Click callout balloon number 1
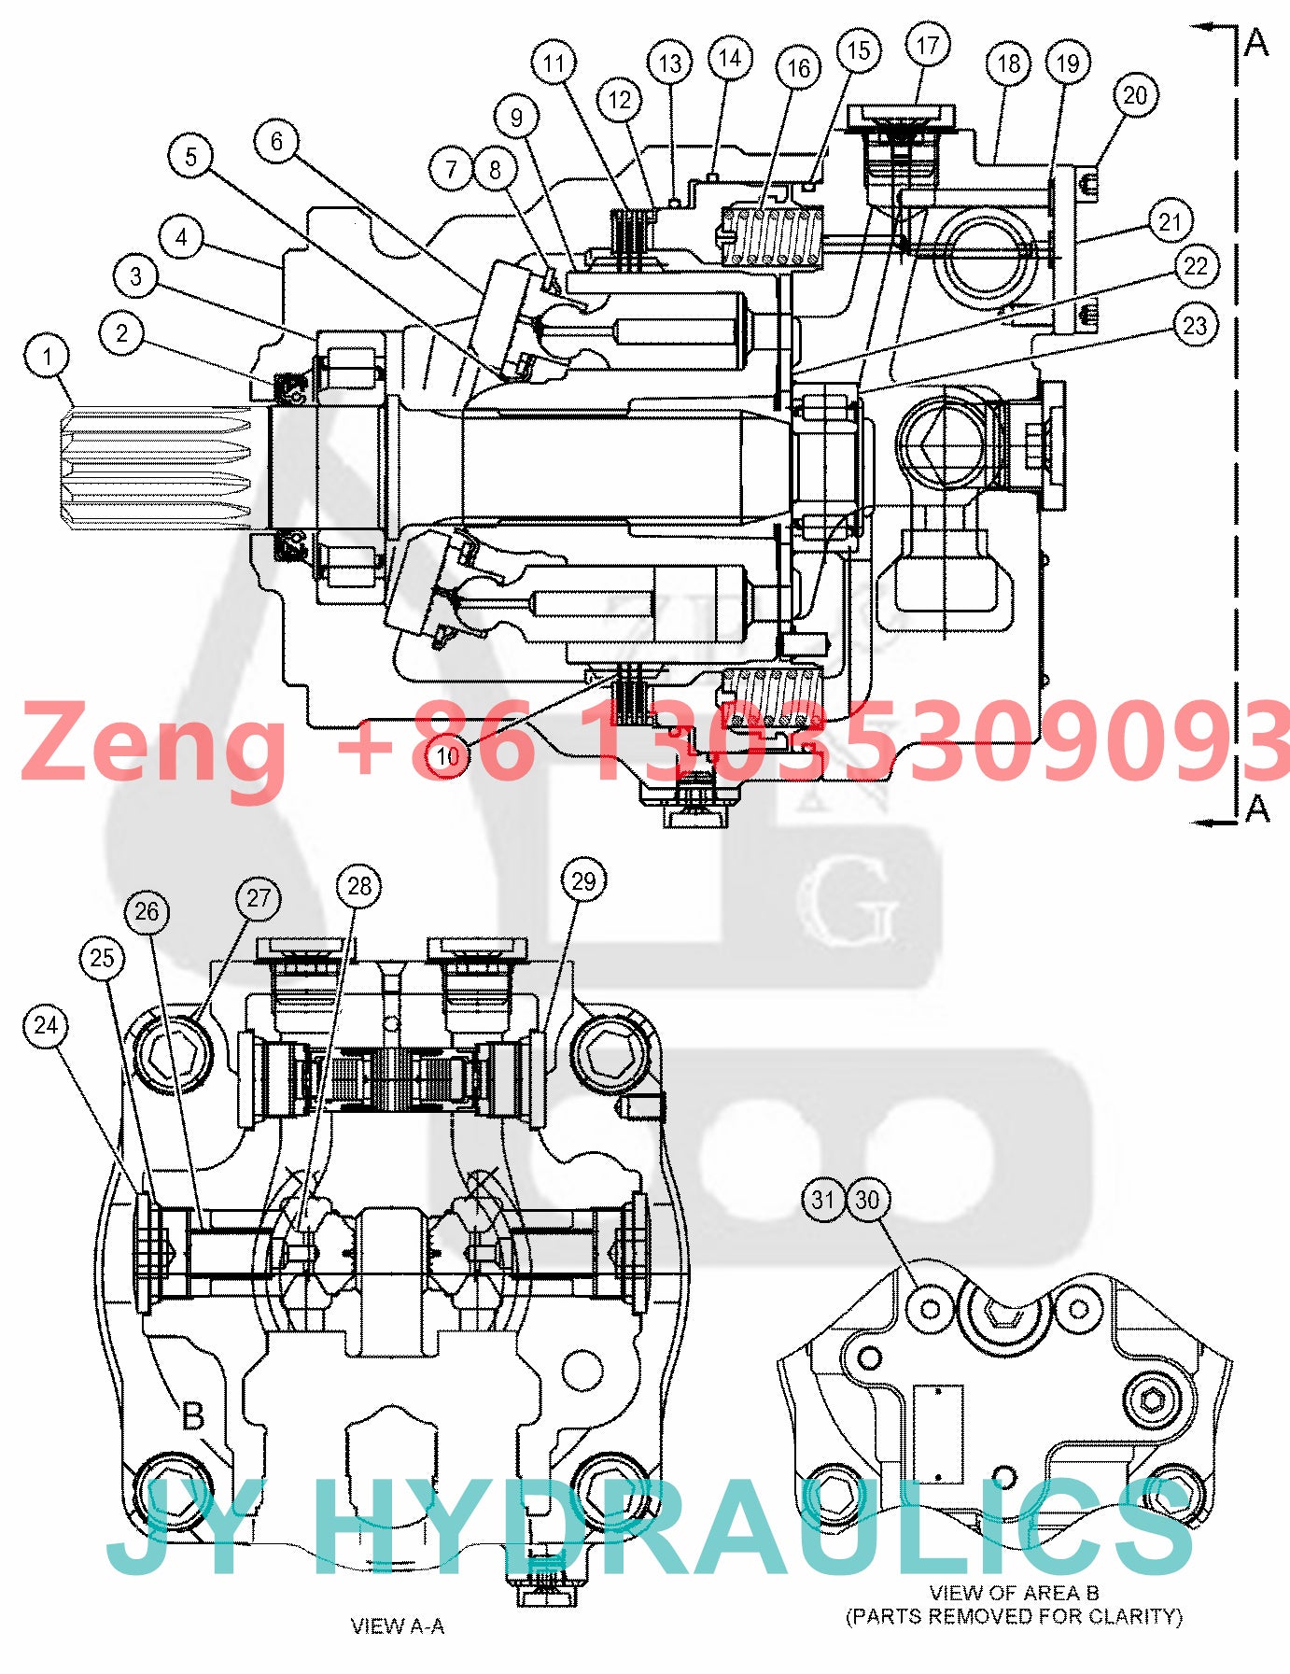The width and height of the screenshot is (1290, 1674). [x=48, y=356]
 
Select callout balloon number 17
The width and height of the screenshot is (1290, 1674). [x=927, y=46]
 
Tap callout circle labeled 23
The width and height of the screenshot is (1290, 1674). [x=1195, y=326]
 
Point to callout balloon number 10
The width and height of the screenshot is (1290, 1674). [x=448, y=755]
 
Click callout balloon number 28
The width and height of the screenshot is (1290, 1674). [x=359, y=885]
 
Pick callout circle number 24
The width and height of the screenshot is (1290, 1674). [x=46, y=1025]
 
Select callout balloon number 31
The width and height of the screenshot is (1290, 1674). [x=822, y=1199]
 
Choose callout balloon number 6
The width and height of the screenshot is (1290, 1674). [x=276, y=141]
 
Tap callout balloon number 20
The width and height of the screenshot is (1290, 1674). [x=1134, y=95]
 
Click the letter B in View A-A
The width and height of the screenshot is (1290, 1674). [x=192, y=1414]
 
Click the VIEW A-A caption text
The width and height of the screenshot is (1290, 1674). [x=398, y=1626]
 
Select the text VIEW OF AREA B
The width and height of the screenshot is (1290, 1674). [x=1014, y=1593]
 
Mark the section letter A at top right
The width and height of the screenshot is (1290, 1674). [x=1256, y=42]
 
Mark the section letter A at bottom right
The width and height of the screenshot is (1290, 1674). [x=1257, y=808]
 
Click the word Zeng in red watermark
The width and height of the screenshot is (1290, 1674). [x=154, y=742]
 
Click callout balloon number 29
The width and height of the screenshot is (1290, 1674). [x=583, y=880]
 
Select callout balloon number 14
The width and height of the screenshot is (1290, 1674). [x=730, y=58]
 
